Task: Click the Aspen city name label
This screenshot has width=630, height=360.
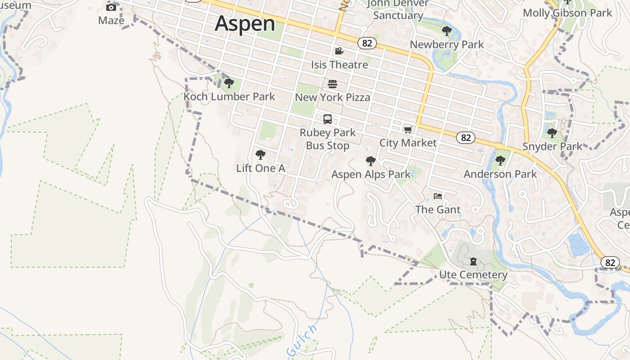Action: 245,23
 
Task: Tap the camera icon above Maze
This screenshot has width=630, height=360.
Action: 111,7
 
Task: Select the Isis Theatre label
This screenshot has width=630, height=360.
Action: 339,65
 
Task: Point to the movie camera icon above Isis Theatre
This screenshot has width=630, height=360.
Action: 339,51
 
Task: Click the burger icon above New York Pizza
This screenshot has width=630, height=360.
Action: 333,84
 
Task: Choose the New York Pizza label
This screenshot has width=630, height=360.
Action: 333,97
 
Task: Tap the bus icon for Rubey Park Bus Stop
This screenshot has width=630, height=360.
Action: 328,119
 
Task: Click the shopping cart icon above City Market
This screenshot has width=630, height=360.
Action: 408,130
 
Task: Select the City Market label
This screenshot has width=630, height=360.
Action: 408,143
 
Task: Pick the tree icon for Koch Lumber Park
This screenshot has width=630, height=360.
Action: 229,83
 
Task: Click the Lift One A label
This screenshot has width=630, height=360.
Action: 261,168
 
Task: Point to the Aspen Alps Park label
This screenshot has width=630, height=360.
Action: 371,174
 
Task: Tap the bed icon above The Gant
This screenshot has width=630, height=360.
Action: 438,196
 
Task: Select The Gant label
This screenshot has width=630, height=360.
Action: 438,210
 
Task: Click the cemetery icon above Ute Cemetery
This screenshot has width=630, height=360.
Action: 473,261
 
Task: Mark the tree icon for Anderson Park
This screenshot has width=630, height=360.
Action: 500,161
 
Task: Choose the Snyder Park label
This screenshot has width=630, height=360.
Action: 552,146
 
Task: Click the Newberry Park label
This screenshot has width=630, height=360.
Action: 446,45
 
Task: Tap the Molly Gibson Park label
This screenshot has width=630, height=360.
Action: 567,13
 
